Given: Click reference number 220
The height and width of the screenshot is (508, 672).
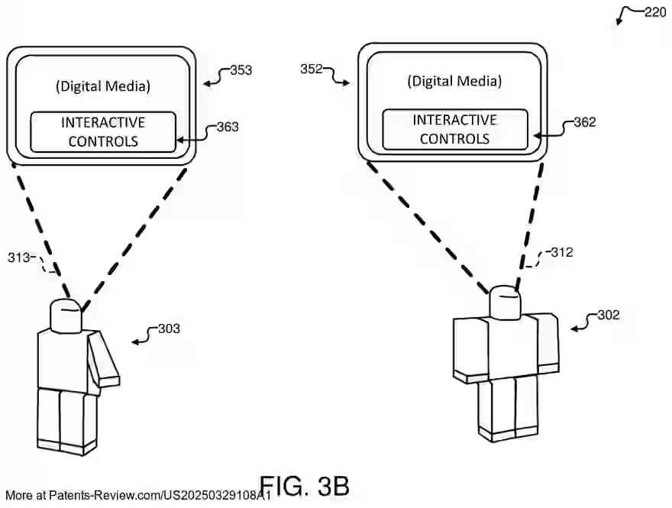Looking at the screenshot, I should (x=655, y=12).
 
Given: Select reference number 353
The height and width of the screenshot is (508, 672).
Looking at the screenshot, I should (x=241, y=71).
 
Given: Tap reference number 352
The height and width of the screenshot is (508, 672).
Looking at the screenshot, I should (x=311, y=69).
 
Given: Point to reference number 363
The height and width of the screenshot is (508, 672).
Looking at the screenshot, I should (x=228, y=127).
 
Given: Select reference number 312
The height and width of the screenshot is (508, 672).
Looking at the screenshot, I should (x=561, y=252).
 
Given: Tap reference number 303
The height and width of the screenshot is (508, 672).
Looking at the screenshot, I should (x=169, y=328).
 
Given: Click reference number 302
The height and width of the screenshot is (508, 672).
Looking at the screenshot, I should (x=609, y=314).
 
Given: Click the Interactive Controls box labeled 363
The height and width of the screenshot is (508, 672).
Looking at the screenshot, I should (x=103, y=131).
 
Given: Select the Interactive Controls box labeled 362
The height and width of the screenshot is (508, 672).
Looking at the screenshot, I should (x=454, y=129).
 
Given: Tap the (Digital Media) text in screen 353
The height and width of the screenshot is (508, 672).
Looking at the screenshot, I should (x=103, y=86).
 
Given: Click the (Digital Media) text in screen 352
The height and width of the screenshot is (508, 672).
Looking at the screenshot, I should (x=454, y=81).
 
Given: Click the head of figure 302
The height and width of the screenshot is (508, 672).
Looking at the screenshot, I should (x=505, y=303).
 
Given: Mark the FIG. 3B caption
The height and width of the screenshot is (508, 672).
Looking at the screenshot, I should (x=304, y=486).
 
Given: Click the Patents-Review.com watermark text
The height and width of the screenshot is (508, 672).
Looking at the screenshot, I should (x=137, y=496).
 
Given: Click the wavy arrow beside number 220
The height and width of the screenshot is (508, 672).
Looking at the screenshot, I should (x=629, y=14).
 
